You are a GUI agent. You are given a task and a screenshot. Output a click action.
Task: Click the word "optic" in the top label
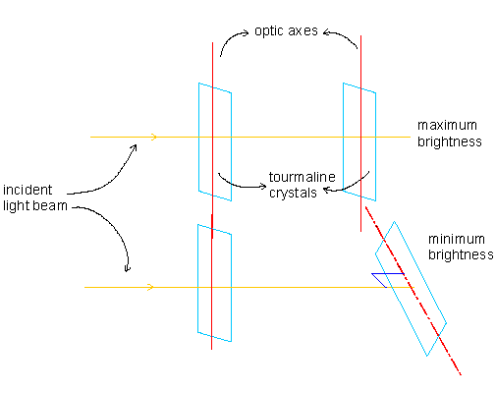coord(269,31)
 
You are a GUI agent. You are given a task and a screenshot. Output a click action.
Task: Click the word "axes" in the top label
coord(303,31)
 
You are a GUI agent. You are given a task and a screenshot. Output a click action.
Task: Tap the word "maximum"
coord(447,125)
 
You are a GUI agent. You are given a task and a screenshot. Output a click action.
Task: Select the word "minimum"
coord(457,239)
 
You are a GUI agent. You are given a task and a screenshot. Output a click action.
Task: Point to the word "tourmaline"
coord(303,177)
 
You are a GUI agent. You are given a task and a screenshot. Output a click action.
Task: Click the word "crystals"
coord(293,193)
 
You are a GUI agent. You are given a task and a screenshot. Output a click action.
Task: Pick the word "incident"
coord(28,190)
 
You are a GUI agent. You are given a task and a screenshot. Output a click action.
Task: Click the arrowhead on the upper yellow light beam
coord(154,137)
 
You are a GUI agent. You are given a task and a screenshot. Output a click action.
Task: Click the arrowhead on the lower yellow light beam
coord(151,287)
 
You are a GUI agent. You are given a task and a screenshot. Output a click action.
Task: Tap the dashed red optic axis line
coord(413,291)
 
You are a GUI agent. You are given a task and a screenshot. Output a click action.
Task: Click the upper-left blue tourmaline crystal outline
coord(198,138)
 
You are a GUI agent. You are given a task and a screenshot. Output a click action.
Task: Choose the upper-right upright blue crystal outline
coord(343,138)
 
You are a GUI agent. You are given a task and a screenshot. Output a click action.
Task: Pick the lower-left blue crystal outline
coord(197,278)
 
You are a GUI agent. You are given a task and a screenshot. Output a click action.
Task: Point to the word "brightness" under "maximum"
coord(450,141)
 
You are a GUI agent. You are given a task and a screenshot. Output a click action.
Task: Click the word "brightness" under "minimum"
coord(461,254)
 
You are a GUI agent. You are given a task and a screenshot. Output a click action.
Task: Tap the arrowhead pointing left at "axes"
coord(326,32)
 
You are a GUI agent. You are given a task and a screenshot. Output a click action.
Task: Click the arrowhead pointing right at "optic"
coord(246,32)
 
